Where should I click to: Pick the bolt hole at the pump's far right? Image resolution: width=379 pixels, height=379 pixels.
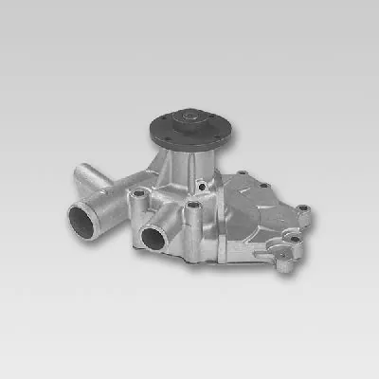[x=303, y=208]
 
